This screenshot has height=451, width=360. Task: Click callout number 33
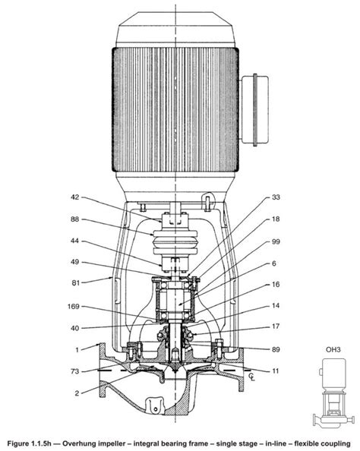point(275,197)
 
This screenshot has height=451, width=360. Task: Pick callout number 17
point(275,327)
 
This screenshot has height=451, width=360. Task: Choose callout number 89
point(275,348)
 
